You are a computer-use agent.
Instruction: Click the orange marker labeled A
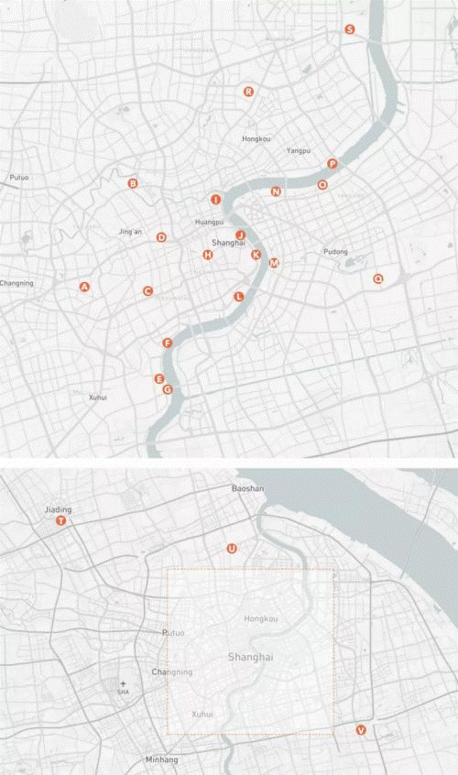(85, 287)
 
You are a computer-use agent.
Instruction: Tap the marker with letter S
(349, 29)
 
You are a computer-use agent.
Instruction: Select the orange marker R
(248, 92)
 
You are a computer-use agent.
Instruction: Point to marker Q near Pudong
(377, 278)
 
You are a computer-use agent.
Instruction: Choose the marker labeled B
(133, 183)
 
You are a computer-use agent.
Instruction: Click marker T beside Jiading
(61, 520)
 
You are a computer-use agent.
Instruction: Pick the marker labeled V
(360, 730)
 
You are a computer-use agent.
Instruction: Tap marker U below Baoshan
(231, 549)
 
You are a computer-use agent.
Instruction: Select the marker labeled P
(333, 164)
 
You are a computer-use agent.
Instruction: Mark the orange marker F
(167, 343)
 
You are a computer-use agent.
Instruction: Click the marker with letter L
(239, 296)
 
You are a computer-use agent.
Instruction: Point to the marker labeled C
(147, 291)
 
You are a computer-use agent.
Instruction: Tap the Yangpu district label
(299, 150)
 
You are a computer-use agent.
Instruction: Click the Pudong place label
(335, 251)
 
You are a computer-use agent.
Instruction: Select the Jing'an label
(131, 232)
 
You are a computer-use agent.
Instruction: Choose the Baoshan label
(247, 489)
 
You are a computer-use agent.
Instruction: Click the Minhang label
(161, 760)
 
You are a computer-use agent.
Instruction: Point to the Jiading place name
(58, 509)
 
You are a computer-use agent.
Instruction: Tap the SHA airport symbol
(123, 683)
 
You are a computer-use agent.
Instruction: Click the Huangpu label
(209, 223)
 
